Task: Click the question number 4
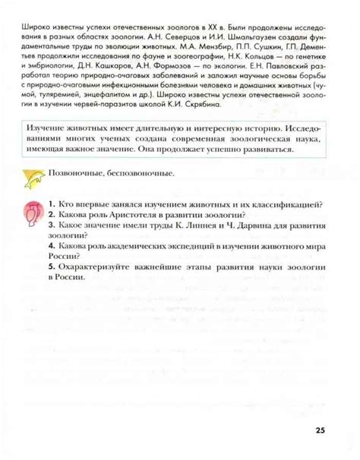48,247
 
